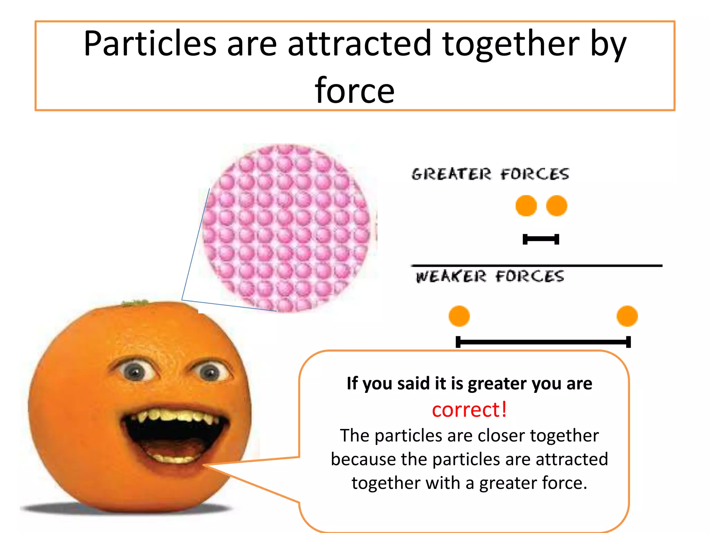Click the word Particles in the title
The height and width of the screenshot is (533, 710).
pos(150,44)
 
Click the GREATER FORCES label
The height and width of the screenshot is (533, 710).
pos(490,174)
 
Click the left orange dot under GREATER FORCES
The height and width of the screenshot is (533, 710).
pos(526,206)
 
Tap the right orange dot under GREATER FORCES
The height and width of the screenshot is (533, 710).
pos(556,206)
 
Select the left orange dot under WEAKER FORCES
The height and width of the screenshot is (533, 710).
pos(459,316)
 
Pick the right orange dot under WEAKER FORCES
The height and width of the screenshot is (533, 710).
pos(627,316)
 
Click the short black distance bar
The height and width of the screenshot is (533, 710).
pos(541,239)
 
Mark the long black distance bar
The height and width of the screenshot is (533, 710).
pos(543,342)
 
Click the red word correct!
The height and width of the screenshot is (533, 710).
pos(469,409)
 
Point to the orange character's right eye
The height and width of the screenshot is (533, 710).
pos(210,373)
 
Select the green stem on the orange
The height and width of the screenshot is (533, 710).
pos(135,303)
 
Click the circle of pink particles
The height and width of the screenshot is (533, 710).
pos(288,227)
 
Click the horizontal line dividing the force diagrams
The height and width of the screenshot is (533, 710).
pos(537,266)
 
